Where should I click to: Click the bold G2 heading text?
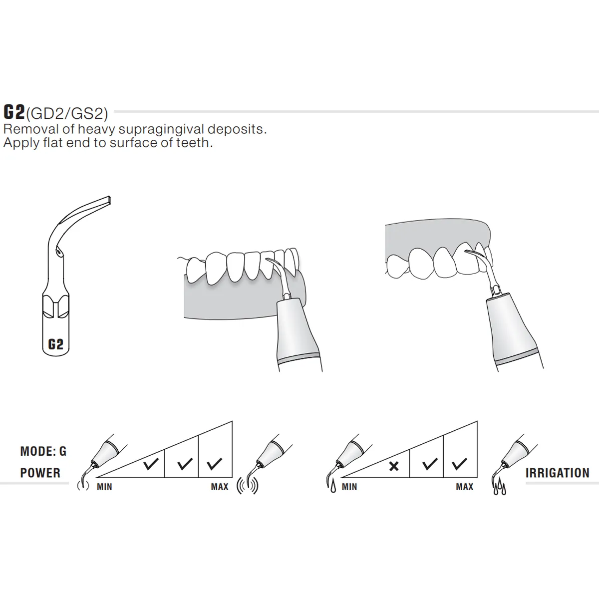(14, 112)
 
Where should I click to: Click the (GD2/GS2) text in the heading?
(67, 114)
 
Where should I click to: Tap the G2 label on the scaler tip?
(55, 344)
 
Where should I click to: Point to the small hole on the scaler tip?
(59, 253)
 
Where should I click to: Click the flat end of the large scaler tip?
(108, 201)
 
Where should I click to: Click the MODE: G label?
(43, 452)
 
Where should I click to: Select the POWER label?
(40, 473)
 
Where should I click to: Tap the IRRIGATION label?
(557, 473)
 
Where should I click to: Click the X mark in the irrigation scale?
(394, 466)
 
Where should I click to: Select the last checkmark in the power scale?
(215, 464)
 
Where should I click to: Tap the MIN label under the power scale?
(104, 487)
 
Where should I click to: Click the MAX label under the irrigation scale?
(464, 487)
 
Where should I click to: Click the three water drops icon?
(499, 489)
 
